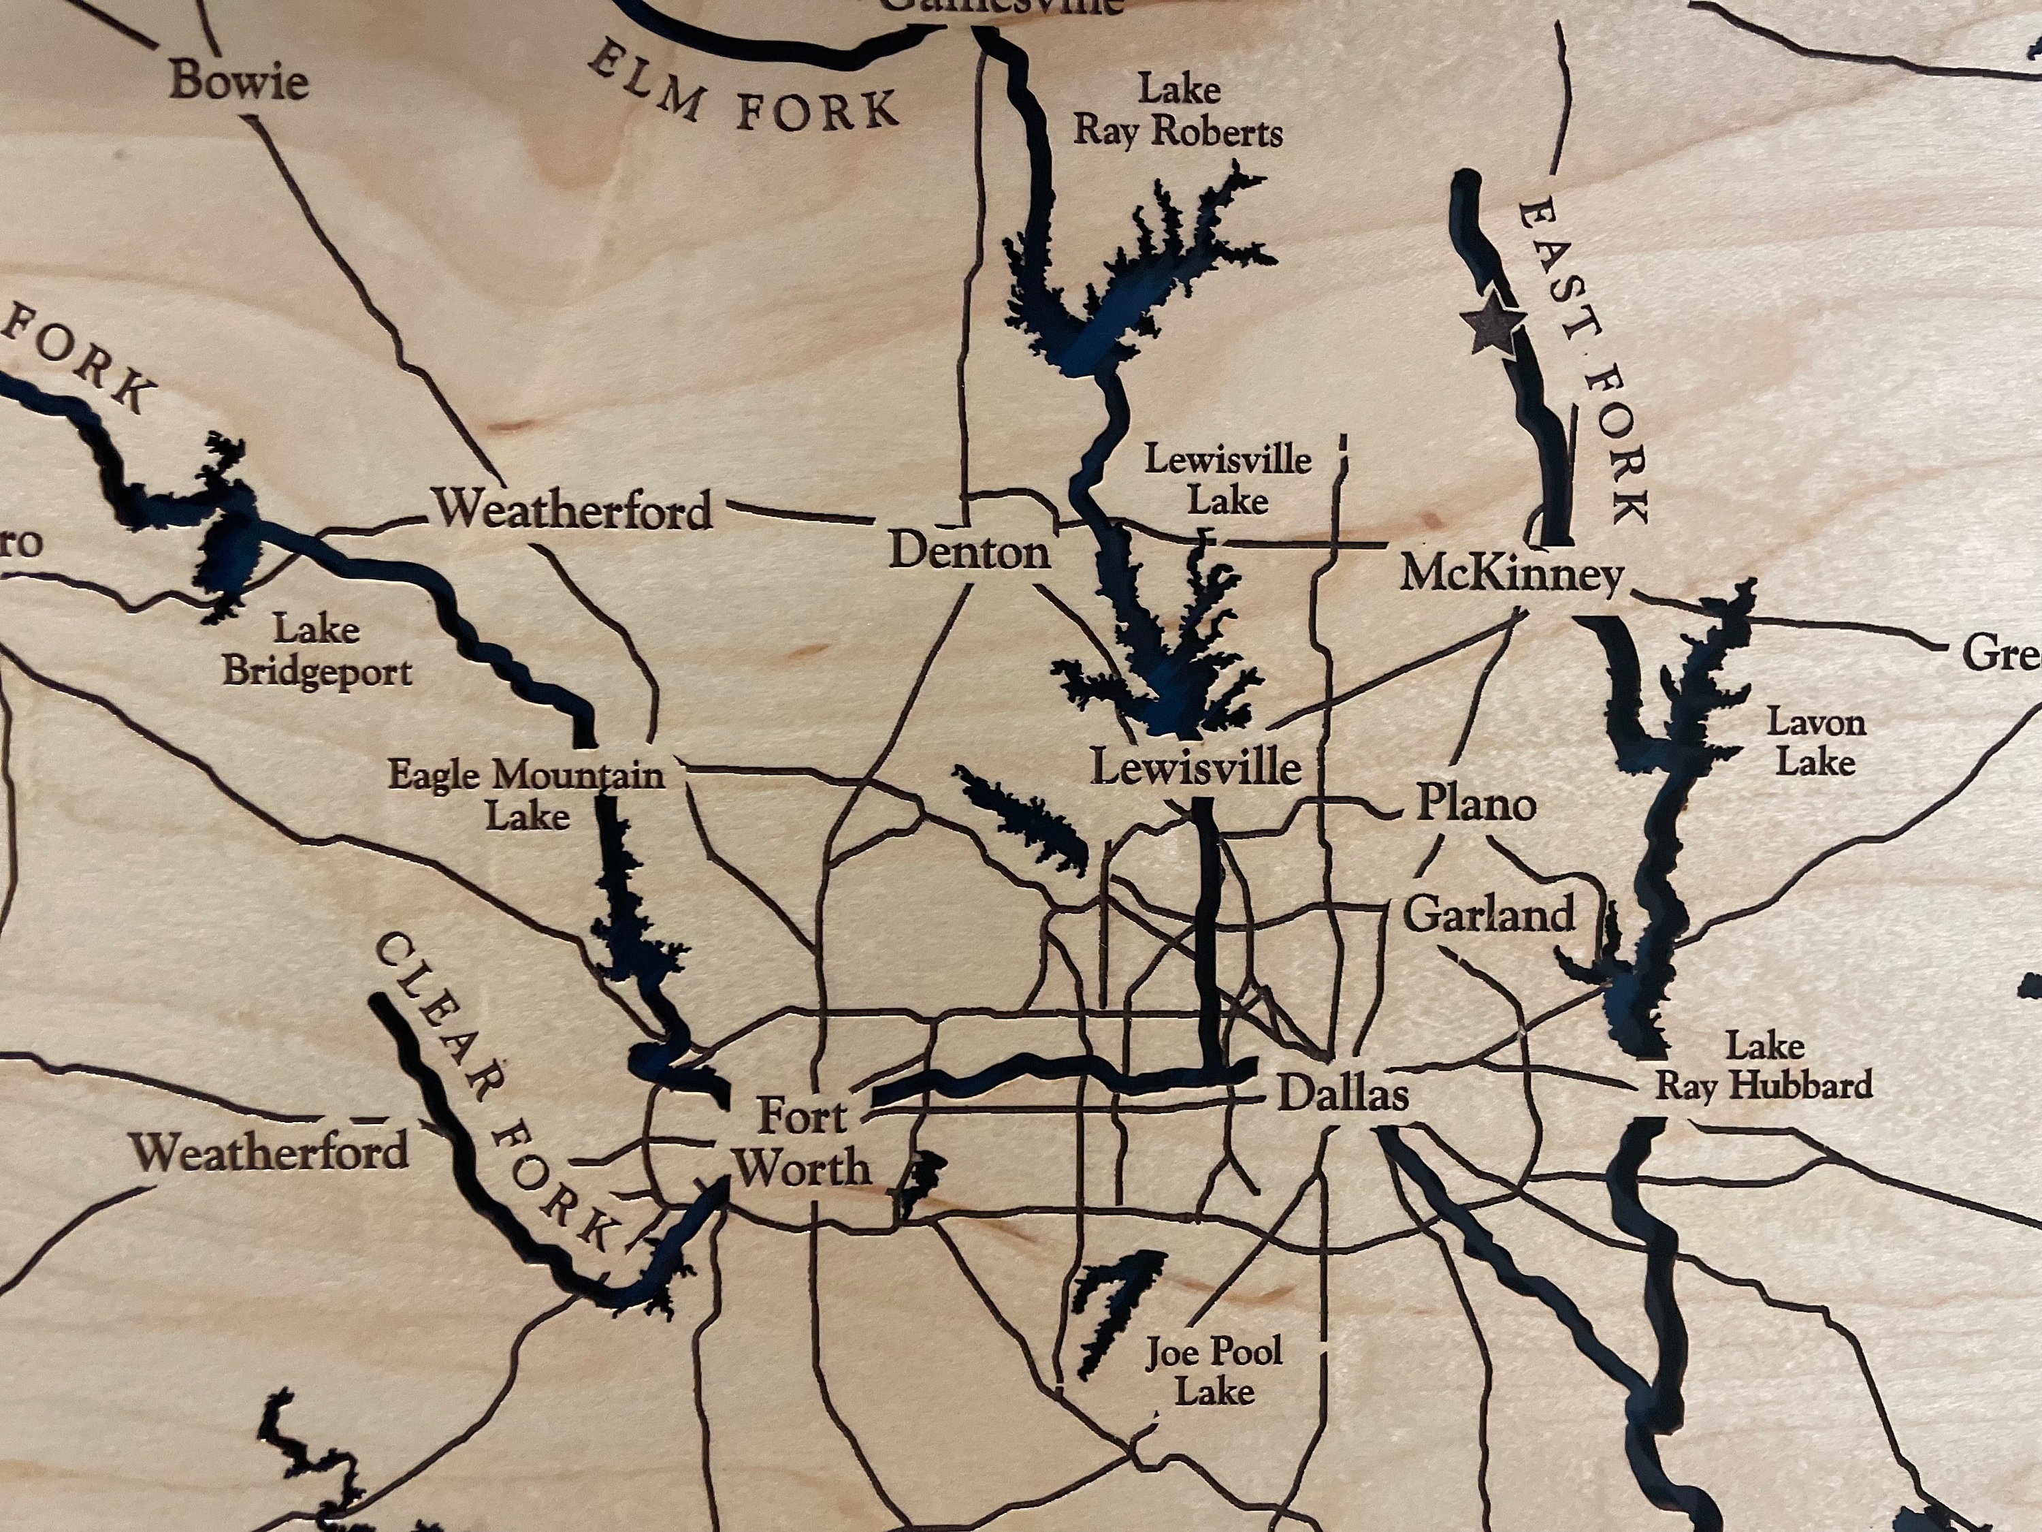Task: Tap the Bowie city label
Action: [239, 80]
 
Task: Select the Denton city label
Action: [969, 552]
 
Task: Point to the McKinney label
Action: [1511, 575]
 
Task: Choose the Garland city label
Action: [1488, 914]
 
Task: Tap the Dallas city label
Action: [1342, 1094]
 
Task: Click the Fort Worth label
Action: [801, 1143]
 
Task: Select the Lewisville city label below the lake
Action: [1195, 767]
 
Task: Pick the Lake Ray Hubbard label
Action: [1763, 1066]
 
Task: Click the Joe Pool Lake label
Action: [1214, 1371]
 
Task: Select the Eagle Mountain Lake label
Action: [526, 794]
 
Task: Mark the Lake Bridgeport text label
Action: [317, 650]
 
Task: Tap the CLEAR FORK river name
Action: [494, 1089]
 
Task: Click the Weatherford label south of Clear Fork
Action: [269, 1151]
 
